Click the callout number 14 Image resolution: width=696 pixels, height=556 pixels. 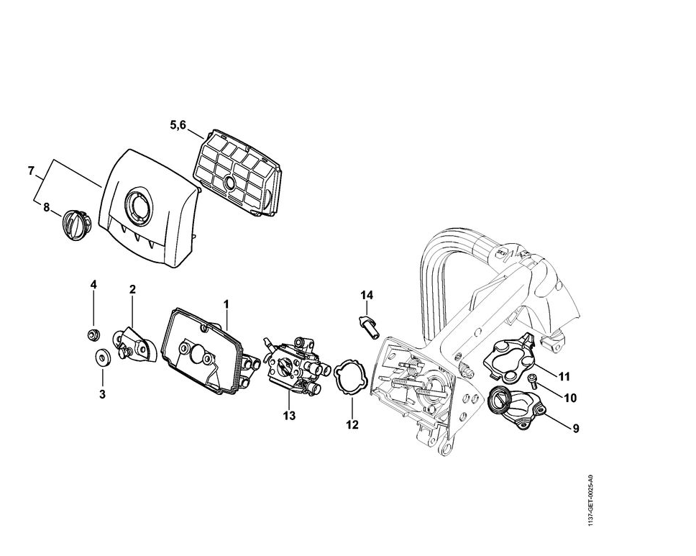tap(367, 295)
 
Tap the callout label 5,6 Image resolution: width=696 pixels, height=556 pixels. tap(178, 125)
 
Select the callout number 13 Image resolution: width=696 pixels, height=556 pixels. tap(289, 415)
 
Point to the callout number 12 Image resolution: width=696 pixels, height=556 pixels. tap(352, 424)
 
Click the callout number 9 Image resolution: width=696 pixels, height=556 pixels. tap(575, 429)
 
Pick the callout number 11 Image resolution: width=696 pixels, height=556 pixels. tap(564, 376)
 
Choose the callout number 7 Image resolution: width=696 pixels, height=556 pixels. tap(31, 171)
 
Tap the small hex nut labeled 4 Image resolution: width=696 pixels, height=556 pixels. tap(93, 334)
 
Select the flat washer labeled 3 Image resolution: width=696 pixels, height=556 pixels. tap(101, 356)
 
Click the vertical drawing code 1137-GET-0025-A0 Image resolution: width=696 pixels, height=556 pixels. tap(590, 499)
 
